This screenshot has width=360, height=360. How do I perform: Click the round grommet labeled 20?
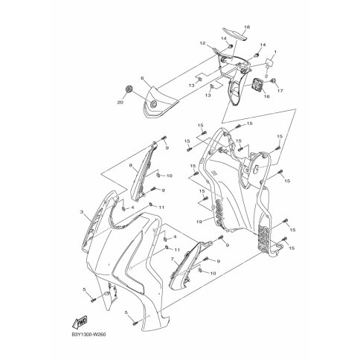(129, 89)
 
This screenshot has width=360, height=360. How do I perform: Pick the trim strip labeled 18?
(235, 34)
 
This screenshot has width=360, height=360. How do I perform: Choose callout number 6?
(142, 78)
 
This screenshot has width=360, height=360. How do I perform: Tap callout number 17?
(280, 91)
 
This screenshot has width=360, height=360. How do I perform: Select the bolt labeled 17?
(274, 80)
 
